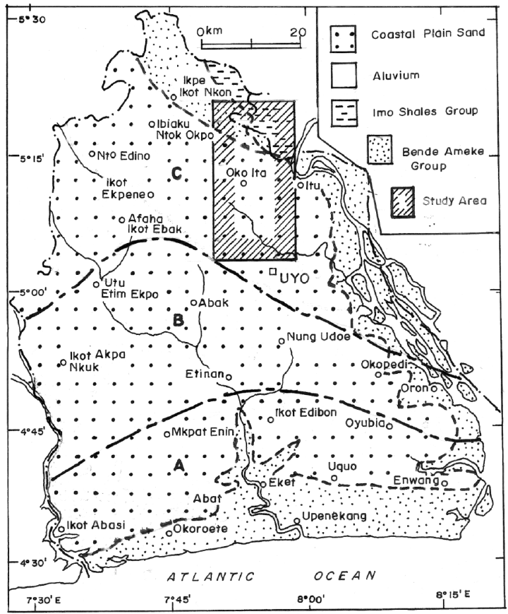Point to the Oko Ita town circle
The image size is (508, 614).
click(x=243, y=184)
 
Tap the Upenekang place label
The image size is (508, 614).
click(x=334, y=516)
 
